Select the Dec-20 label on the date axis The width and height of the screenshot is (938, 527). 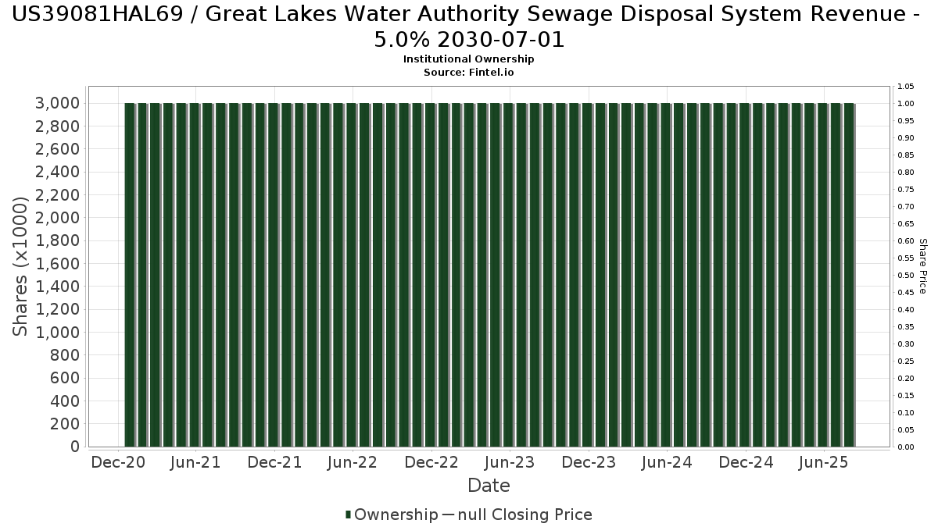point(117,462)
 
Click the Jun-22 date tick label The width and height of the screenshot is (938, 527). point(353,462)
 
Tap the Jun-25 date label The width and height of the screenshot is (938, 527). point(823,462)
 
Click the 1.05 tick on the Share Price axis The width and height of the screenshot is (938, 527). point(905,87)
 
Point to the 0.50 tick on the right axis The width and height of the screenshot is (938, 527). point(905,276)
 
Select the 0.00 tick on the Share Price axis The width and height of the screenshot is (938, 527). point(905,447)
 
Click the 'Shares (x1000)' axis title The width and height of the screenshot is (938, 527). point(21,266)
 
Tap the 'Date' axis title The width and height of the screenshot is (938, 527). point(489,486)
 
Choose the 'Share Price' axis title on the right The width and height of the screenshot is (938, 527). point(923,266)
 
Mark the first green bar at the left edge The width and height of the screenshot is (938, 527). point(130,275)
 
